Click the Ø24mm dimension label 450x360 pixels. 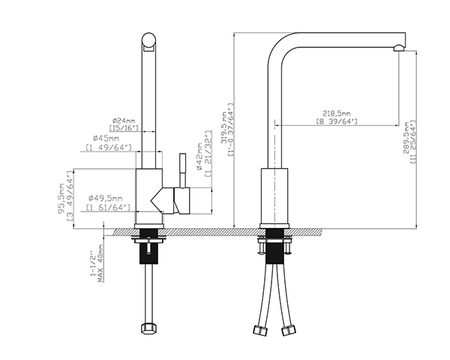click(x=124, y=120)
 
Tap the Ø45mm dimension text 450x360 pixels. click(x=106, y=139)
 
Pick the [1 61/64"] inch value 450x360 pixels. click(x=108, y=207)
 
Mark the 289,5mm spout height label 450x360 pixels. click(x=406, y=139)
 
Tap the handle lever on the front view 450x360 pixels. click(x=180, y=172)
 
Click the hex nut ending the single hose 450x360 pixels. click(x=148, y=328)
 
